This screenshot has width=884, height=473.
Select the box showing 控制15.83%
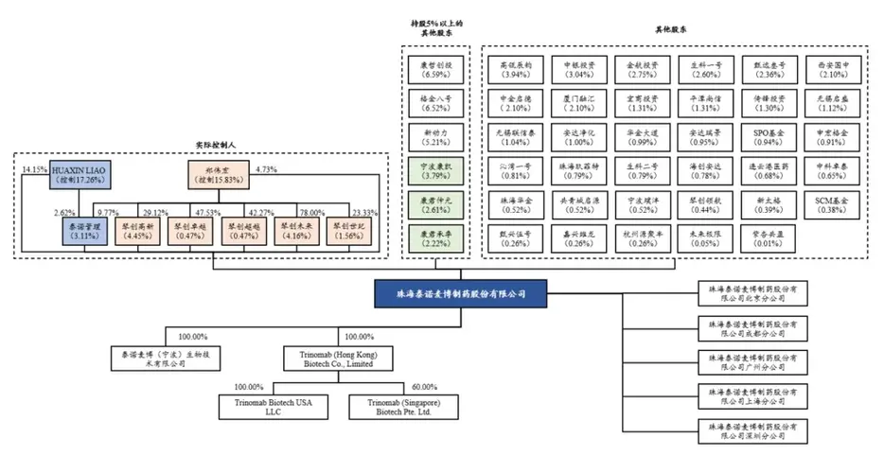click(217, 173)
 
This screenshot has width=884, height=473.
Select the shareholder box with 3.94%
click(516, 69)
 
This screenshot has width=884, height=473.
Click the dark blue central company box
click(460, 293)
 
